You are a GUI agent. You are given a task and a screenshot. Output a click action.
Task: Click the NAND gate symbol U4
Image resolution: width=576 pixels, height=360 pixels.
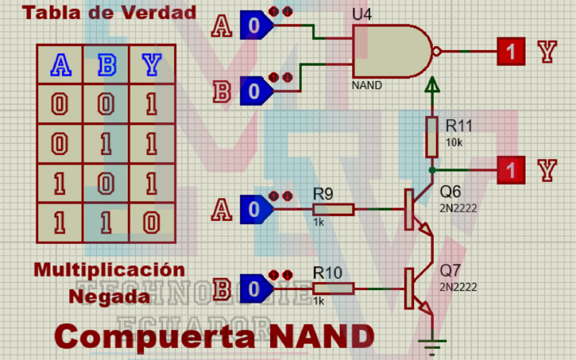393,52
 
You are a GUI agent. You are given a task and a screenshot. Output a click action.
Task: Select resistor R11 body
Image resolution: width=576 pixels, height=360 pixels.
431,137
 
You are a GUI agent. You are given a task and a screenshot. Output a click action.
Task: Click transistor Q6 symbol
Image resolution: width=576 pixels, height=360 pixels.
415,209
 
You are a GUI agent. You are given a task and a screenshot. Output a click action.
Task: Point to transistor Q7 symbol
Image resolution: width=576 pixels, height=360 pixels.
415,288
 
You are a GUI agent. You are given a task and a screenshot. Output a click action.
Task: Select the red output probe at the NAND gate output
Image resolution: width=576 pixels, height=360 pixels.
512,52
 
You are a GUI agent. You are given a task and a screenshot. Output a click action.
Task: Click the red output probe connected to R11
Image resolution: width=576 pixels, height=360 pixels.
512,169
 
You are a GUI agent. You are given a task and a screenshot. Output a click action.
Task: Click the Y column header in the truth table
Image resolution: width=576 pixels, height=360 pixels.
151,64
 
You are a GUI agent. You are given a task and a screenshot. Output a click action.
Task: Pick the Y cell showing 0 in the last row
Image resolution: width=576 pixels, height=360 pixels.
151,223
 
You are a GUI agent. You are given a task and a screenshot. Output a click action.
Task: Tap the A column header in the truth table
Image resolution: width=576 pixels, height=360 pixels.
60,64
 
